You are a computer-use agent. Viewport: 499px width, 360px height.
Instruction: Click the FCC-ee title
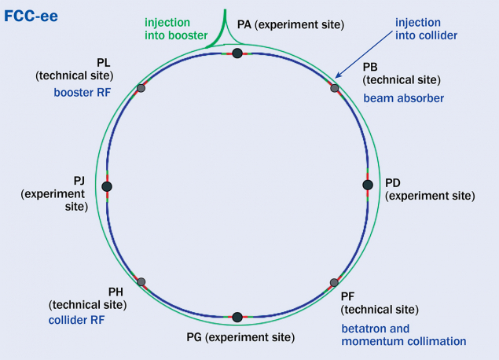pyautogui.click(x=32, y=14)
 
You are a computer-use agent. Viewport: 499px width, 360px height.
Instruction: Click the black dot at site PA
pyautogui.click(x=237, y=53)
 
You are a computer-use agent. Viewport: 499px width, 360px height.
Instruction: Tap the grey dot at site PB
pyautogui.click(x=334, y=88)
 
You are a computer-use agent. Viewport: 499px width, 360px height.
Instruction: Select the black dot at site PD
pyautogui.click(x=367, y=185)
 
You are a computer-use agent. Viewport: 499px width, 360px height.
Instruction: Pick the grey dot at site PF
pyautogui.click(x=334, y=282)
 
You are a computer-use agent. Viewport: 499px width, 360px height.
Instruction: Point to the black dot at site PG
pyautogui.click(x=237, y=317)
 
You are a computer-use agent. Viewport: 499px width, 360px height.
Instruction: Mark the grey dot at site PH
pyautogui.click(x=141, y=281)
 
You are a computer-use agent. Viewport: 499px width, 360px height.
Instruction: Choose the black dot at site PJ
pyautogui.click(x=107, y=186)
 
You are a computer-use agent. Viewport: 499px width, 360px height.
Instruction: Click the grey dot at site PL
pyautogui.click(x=141, y=88)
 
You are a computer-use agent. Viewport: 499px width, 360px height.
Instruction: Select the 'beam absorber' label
pyautogui.click(x=403, y=98)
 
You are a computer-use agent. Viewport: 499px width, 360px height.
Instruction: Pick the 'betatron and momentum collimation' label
pyautogui.click(x=403, y=335)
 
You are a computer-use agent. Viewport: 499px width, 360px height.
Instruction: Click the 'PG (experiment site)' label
pyautogui.click(x=240, y=338)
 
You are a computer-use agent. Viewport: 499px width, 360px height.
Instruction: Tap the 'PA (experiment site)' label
pyautogui.click(x=291, y=24)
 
